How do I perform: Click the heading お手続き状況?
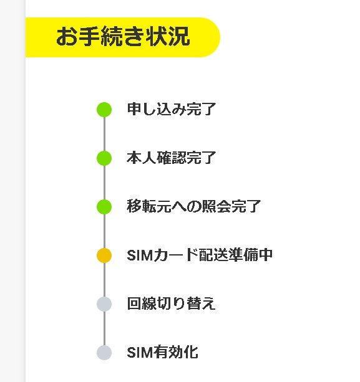tap(123, 37)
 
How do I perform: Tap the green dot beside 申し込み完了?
tap(104, 110)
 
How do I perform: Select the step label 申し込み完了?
tap(172, 109)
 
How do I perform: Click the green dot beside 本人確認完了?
tap(104, 158)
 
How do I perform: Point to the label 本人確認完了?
tap(172, 158)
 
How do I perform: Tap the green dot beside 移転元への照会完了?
tap(104, 207)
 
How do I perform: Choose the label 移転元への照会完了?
tap(194, 206)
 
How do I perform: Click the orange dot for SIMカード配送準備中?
tap(104, 255)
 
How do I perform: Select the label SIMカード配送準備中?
tap(200, 255)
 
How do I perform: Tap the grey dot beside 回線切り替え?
tap(104, 304)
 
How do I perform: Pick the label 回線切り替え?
tap(171, 303)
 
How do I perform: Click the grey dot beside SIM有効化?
tap(104, 353)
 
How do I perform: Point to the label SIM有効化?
tap(162, 352)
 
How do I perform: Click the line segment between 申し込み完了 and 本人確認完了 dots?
tap(104, 134)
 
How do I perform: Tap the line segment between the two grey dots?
tap(104, 328)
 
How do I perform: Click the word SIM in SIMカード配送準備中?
tap(140, 255)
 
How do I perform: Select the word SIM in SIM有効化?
tap(140, 352)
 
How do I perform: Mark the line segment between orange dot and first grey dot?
tap(104, 280)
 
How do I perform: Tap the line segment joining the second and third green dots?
tap(104, 183)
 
